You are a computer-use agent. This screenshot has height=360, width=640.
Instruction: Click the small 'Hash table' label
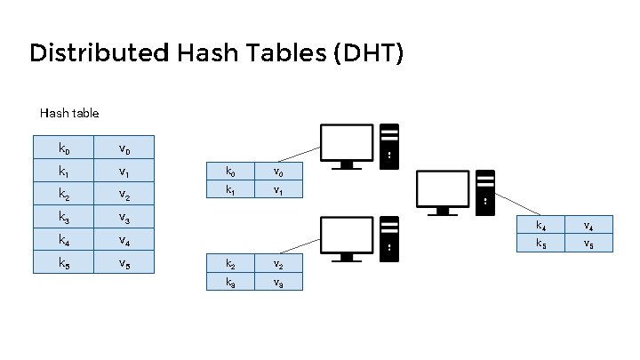(69, 113)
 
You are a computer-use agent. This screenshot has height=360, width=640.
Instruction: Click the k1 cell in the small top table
(231, 189)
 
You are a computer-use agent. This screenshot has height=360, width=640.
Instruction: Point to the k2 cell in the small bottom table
(231, 264)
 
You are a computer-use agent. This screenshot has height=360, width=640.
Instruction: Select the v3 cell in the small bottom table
(278, 282)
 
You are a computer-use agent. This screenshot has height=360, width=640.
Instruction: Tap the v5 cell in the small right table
(588, 243)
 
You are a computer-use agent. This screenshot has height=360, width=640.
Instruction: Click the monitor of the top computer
(346, 145)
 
